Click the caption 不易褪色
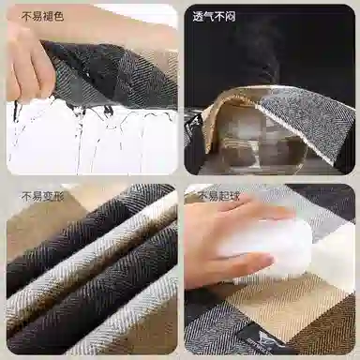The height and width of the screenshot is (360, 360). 43,16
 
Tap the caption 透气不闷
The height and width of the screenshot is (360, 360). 214,16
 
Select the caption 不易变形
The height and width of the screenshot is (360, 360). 43,197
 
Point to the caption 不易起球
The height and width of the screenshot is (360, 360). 219,197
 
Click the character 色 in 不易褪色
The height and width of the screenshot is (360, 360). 59,16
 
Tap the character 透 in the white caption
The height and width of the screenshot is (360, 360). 198,16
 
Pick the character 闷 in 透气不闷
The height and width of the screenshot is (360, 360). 230,16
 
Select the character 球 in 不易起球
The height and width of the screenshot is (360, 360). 235,197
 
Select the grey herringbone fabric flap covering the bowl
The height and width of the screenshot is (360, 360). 307,125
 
